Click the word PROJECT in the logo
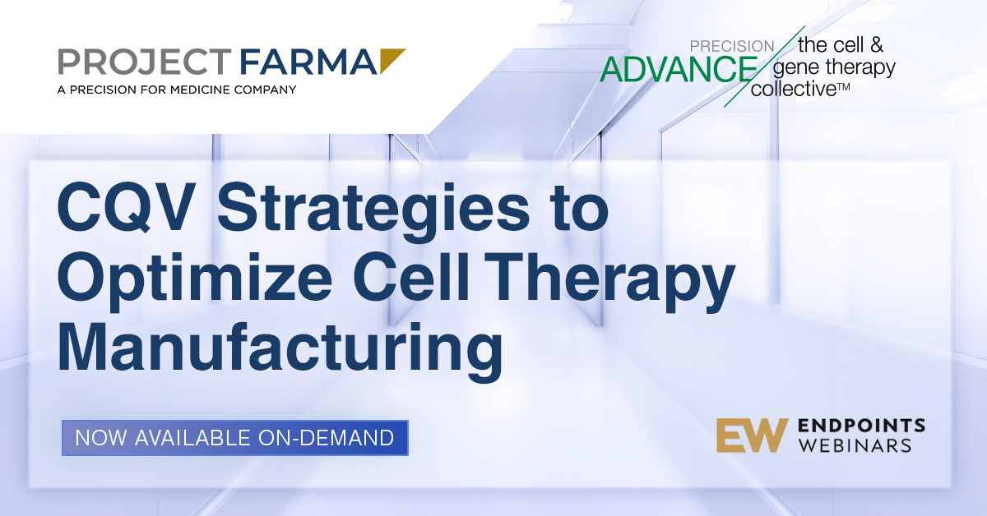145,62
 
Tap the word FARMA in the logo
308,62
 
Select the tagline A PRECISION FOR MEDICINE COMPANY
177,90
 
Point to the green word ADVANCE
679,70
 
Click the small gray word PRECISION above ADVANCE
732,46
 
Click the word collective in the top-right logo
793,89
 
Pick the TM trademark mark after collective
843,87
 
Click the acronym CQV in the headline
126,206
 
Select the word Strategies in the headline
373,211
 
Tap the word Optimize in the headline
194,282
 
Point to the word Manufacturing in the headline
280,352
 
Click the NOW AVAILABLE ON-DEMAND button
235,438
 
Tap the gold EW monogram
752,435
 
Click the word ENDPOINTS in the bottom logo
861,426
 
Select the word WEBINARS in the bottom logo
855,445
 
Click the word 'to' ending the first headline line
581,208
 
